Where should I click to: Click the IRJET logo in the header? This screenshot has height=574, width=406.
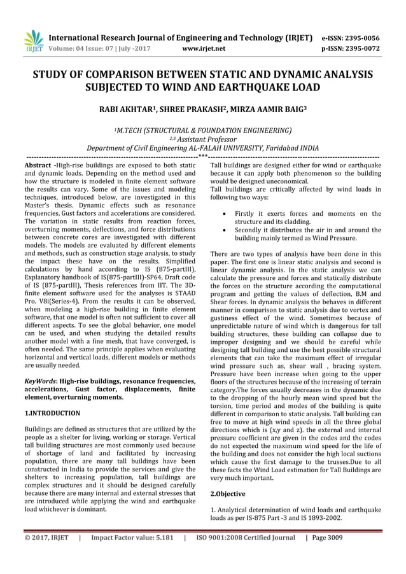[31, 40]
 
